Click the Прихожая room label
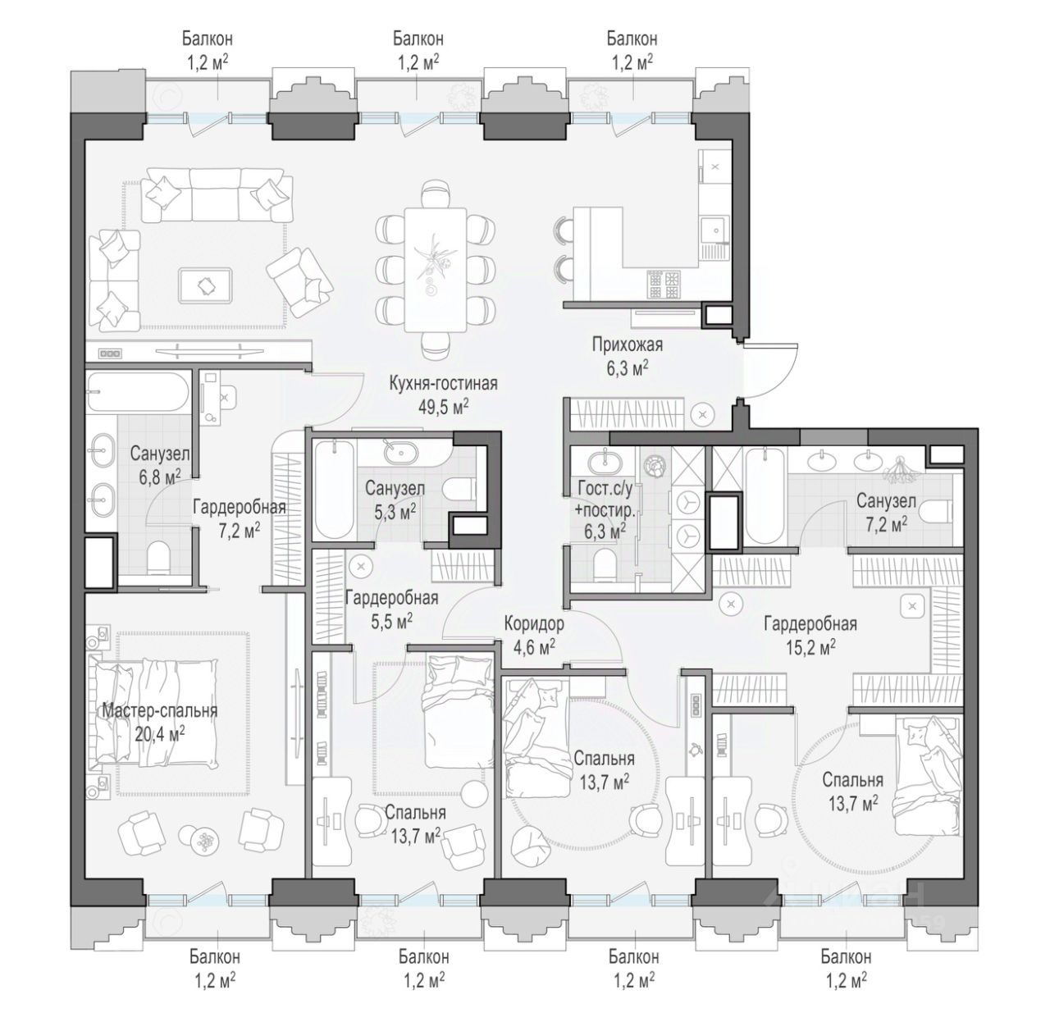tap(627, 344)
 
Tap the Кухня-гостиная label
tap(443, 384)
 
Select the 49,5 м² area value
tap(443, 407)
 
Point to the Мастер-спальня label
tap(160, 710)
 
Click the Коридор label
tap(534, 623)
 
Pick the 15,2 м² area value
tap(810, 647)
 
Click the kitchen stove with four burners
tap(664, 285)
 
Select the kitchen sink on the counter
tap(714, 230)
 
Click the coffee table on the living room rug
tap(206, 285)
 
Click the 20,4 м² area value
tap(160, 734)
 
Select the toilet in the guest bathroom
tap(603, 563)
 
